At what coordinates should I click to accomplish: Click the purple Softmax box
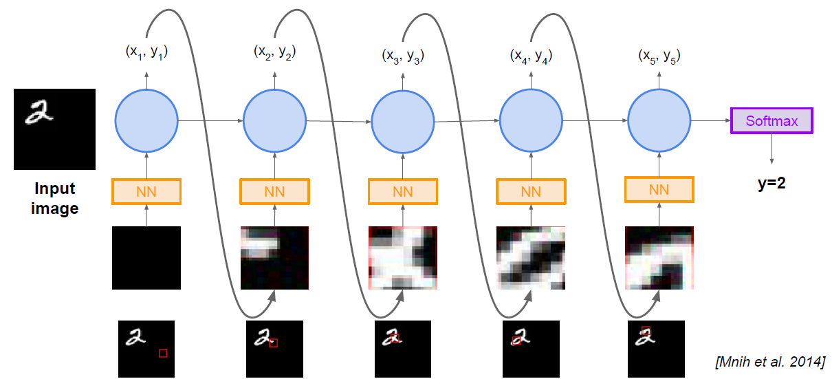[x=771, y=121]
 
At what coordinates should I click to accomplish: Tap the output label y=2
[x=771, y=184]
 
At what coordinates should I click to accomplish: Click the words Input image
[x=54, y=198]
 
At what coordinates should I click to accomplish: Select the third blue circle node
[x=403, y=122]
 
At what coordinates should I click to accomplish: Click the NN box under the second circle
[x=275, y=192]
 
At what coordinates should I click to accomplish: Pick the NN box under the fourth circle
[x=531, y=192]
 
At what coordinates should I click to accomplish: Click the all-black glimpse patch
[x=146, y=257]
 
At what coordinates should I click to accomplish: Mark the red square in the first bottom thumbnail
[x=163, y=353]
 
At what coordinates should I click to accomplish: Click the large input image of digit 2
[x=54, y=129]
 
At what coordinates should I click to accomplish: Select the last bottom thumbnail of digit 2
[x=657, y=349]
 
